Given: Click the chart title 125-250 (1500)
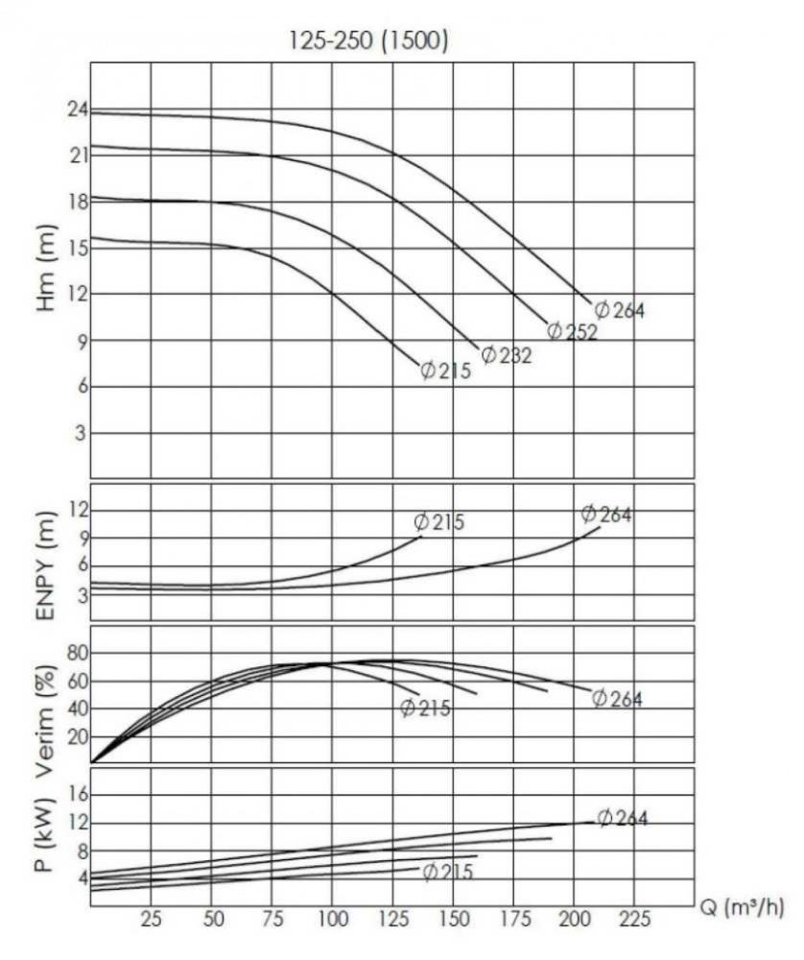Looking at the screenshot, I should point(369,41).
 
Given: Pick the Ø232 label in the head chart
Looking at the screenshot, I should point(507,355).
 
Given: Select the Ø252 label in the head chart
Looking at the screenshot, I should point(573,332).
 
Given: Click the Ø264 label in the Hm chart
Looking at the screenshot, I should point(620,310).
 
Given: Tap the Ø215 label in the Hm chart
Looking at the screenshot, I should point(446,371).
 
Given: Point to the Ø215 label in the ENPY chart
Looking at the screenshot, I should point(439,523).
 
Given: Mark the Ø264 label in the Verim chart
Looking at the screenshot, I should point(617,699).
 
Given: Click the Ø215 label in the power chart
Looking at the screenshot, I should point(447,873).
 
